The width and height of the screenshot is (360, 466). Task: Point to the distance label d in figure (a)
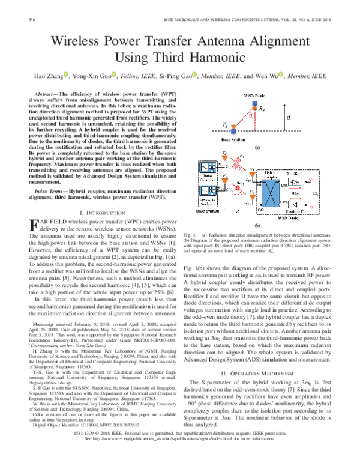[x=289, y=118]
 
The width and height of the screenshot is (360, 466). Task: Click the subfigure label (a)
[x=257, y=147]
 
